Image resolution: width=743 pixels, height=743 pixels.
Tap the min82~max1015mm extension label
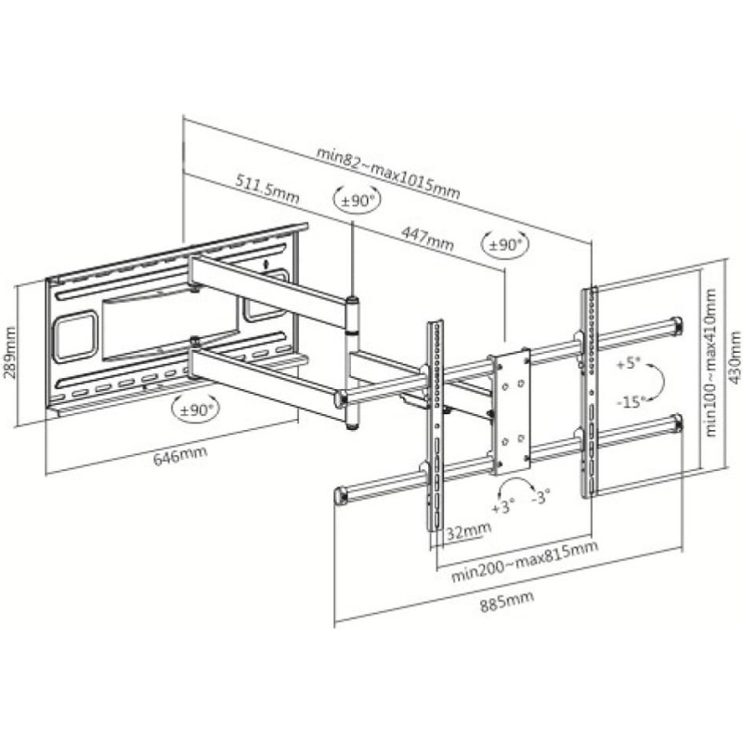(x=388, y=173)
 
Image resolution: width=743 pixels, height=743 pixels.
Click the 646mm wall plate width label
(x=180, y=456)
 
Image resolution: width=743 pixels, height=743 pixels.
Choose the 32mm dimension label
(x=469, y=530)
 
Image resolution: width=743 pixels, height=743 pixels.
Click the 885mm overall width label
(x=506, y=602)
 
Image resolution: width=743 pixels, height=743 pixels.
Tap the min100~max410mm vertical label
(x=710, y=362)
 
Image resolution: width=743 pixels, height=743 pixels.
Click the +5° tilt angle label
(x=629, y=364)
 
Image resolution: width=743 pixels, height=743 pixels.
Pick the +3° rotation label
(x=502, y=507)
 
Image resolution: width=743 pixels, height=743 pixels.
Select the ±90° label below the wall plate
(x=196, y=410)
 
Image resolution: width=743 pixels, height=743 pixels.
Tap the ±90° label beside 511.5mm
(x=358, y=201)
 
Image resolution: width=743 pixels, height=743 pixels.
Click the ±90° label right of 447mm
(x=505, y=245)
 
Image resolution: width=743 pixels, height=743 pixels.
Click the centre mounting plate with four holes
(x=510, y=411)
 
